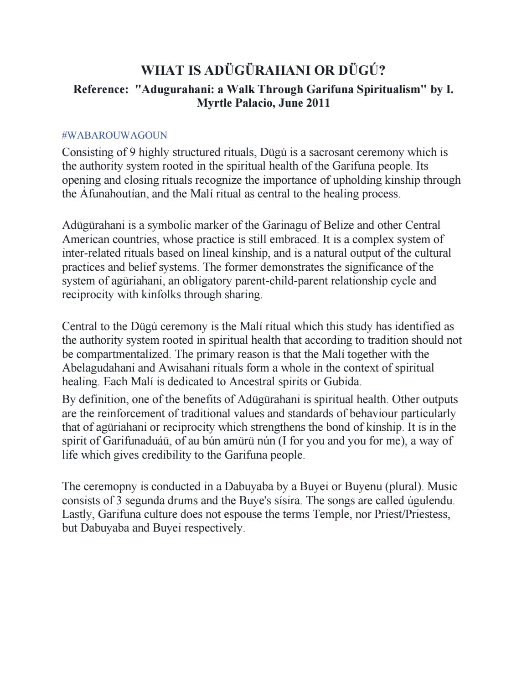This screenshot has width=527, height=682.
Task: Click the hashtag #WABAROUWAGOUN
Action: pos(114,135)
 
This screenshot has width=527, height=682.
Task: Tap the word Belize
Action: pos(340,225)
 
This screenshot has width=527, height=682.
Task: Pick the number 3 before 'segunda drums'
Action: pos(118,501)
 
